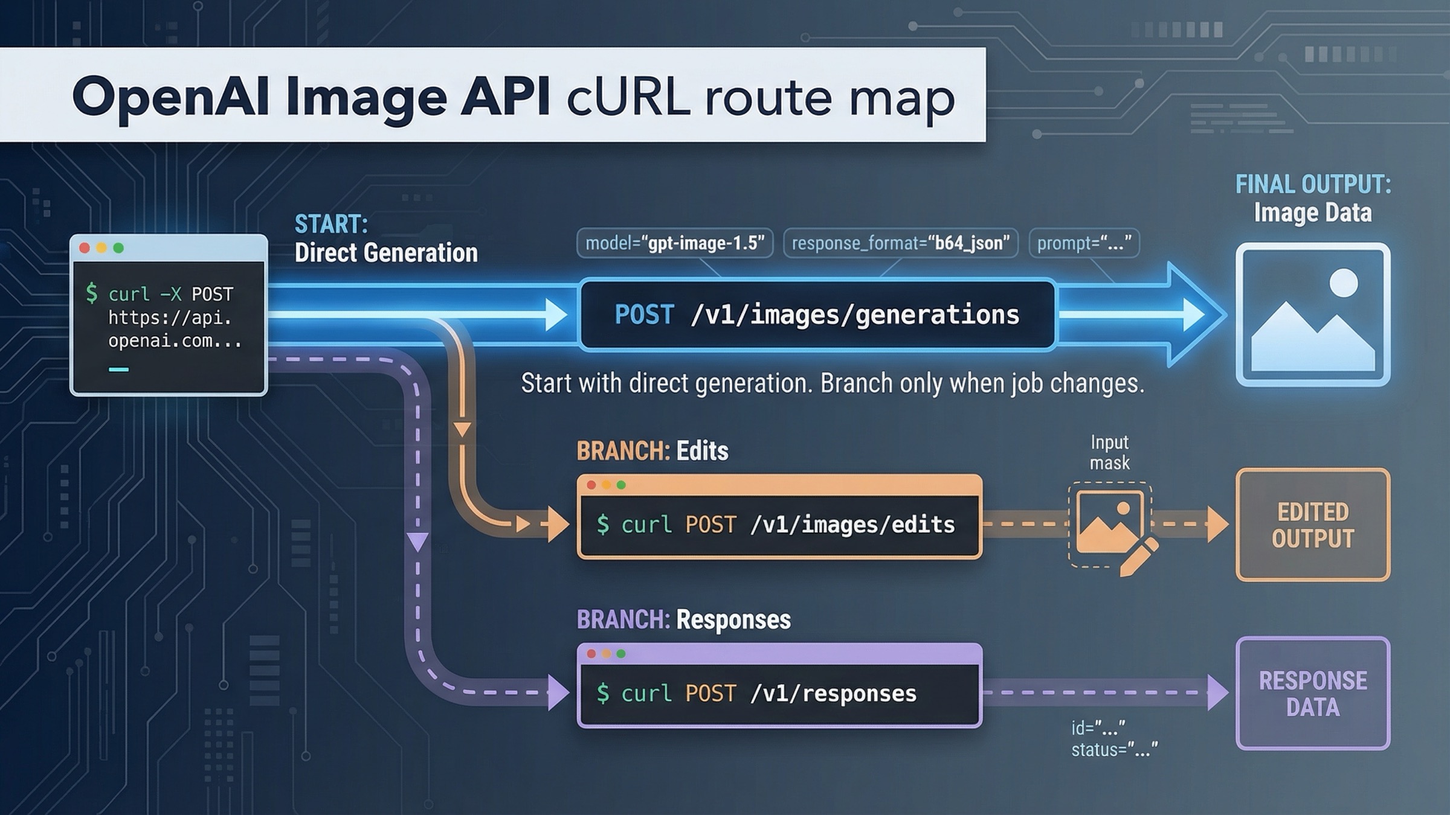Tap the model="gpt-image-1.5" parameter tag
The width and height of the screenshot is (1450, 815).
coord(675,243)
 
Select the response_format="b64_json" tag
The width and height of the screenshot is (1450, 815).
coord(900,243)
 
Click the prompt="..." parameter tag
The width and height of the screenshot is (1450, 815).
coord(1084,243)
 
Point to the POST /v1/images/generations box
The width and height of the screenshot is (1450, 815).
coord(817,315)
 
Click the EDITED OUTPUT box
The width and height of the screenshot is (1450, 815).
coord(1313,525)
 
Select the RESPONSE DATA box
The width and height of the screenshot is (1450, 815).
coord(1313,694)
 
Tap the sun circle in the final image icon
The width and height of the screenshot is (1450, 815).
coord(1344,283)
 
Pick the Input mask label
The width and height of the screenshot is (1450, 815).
coord(1109,453)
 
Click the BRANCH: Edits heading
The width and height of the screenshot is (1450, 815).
coord(652,451)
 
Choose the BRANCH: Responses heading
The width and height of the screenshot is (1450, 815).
coord(683,620)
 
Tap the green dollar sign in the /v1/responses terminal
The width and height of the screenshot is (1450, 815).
coord(602,693)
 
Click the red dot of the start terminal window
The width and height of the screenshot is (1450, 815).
coord(85,248)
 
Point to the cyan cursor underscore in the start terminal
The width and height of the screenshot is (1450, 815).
coord(118,369)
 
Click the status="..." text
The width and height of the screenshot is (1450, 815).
coord(1114,750)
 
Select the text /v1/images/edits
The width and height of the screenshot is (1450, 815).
coord(852,525)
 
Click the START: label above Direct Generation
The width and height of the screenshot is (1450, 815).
coord(331,225)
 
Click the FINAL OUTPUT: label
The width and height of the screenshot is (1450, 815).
coord(1313,185)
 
